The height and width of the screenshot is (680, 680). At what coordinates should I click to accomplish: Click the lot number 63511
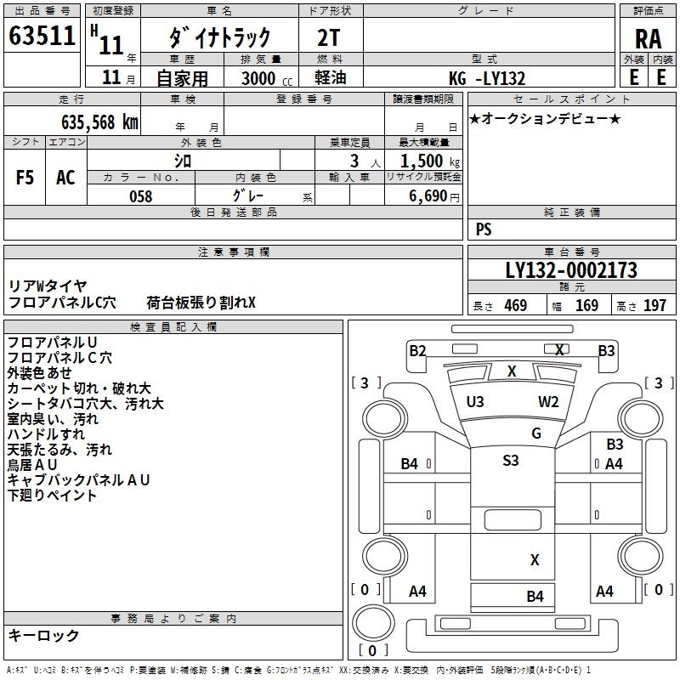(x=42, y=36)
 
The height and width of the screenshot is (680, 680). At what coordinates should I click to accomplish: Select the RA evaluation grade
(x=648, y=39)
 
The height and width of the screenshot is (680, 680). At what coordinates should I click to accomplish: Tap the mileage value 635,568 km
(x=99, y=122)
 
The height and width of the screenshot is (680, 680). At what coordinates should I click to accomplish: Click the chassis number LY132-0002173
(x=571, y=270)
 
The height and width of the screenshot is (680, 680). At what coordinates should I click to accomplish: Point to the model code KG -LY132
(x=487, y=78)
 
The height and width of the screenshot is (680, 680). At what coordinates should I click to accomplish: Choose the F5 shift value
(x=25, y=178)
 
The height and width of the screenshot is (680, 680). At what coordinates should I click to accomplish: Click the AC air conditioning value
(x=65, y=178)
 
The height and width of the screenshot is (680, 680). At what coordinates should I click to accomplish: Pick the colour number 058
(x=141, y=196)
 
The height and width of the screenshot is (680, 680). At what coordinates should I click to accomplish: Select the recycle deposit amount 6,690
(x=428, y=196)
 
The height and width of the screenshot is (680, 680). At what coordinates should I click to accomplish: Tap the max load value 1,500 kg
(x=429, y=161)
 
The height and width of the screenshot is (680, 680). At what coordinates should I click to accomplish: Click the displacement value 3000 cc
(x=267, y=78)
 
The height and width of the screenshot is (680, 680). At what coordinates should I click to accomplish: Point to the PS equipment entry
(x=484, y=229)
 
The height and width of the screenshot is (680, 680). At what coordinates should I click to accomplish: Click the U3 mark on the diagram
(x=475, y=402)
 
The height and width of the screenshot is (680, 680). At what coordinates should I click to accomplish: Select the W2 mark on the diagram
(x=548, y=402)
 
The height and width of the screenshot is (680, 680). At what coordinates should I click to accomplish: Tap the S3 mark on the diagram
(x=511, y=460)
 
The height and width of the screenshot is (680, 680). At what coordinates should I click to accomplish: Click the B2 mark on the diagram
(x=417, y=351)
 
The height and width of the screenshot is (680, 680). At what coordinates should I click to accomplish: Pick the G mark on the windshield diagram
(x=536, y=433)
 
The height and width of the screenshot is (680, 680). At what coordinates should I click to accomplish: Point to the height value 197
(x=654, y=305)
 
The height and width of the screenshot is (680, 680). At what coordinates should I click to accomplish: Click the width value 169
(x=586, y=305)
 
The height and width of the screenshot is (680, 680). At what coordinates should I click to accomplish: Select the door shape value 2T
(x=328, y=38)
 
